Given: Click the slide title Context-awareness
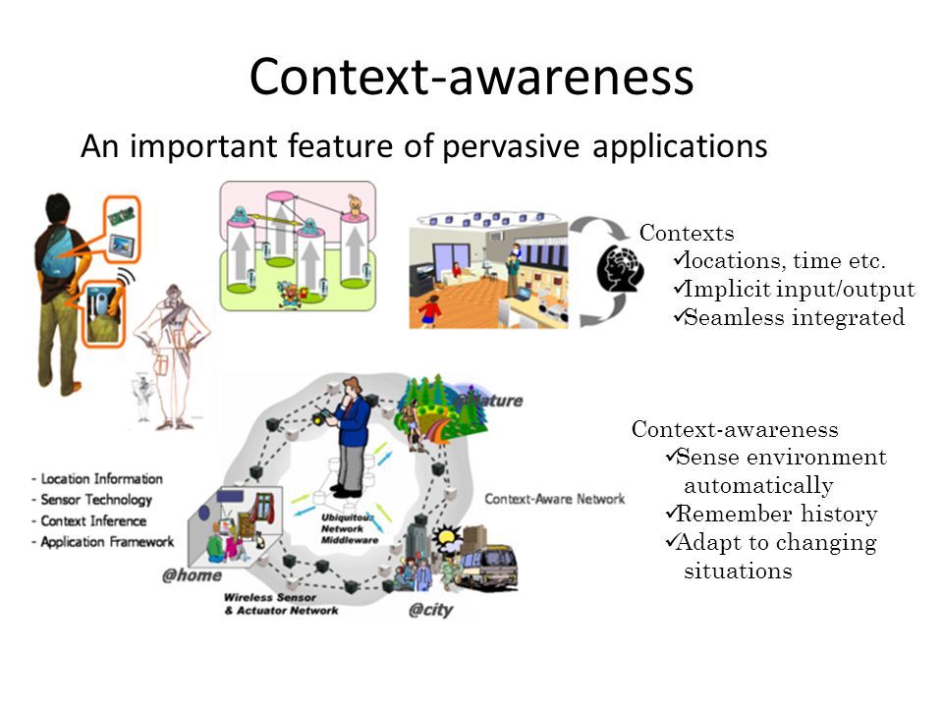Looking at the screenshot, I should point(471,78).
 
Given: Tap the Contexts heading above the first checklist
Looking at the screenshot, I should point(687,233).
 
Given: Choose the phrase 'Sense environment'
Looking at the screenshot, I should point(782,458).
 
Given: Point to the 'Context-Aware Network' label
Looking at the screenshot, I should point(554,499).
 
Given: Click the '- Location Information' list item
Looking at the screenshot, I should point(97,478).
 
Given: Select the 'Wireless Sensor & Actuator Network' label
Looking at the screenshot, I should point(280,603).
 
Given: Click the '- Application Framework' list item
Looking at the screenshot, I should point(102,541).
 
